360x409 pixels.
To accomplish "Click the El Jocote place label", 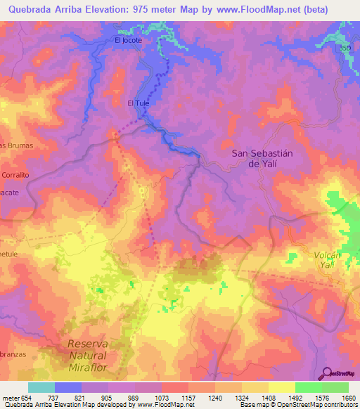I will point(128,40).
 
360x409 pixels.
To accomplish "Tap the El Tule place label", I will point(139,103).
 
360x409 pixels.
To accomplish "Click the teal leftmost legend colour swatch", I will point(41,387).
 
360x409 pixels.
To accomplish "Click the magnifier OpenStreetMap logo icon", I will point(326,373).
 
